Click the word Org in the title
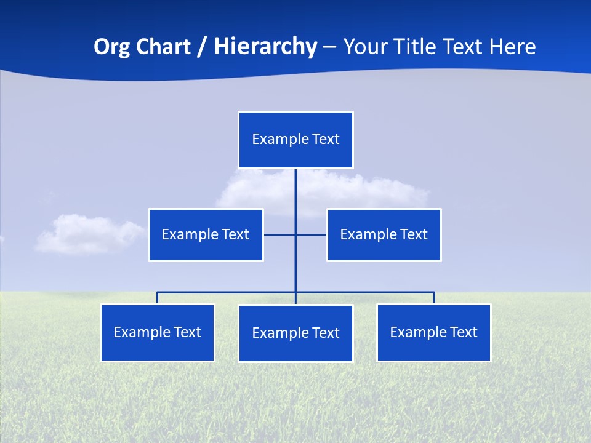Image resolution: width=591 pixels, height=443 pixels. tap(112, 47)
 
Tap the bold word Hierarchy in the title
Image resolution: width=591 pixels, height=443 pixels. tap(265, 47)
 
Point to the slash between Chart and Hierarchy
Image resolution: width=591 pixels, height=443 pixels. tap(201, 47)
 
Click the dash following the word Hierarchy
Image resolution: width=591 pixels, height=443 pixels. tap(329, 47)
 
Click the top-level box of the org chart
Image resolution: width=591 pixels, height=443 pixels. tap(295, 140)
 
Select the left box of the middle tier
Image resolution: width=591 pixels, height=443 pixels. tap(206, 235)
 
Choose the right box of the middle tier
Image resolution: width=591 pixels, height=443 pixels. tap(384, 235)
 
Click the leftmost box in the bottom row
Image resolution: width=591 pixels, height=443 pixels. tap(158, 333)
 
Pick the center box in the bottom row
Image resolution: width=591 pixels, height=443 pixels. tap(295, 333)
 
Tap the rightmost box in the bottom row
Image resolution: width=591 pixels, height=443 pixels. tap(434, 333)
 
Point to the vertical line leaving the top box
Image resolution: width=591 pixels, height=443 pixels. tap(295, 197)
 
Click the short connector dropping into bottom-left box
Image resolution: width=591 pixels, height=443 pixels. tap(158, 298)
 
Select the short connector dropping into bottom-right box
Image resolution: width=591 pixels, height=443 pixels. tap(434, 298)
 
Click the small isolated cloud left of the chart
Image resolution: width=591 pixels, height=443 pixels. tap(86, 234)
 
